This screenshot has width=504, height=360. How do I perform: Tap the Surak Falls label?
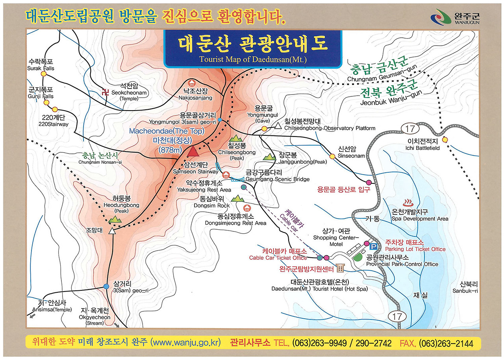coord(41,65)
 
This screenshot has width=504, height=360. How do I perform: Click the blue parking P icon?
coord(374,247)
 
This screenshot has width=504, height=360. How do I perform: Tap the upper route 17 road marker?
coord(407,129)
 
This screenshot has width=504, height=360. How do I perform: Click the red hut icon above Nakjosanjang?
coord(192,83)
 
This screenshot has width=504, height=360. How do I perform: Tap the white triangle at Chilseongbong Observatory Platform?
coord(278,126)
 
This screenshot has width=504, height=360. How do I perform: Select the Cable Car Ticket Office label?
coord(278,255)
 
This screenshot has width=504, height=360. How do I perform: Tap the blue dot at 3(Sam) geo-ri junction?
coord(106,286)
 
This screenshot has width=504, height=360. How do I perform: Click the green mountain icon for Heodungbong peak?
coord(117,218)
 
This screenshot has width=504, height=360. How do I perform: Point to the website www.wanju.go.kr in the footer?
coord(186,342)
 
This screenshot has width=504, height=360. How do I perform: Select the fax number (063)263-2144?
coord(446,343)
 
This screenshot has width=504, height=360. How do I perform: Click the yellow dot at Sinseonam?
coord(332,156)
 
